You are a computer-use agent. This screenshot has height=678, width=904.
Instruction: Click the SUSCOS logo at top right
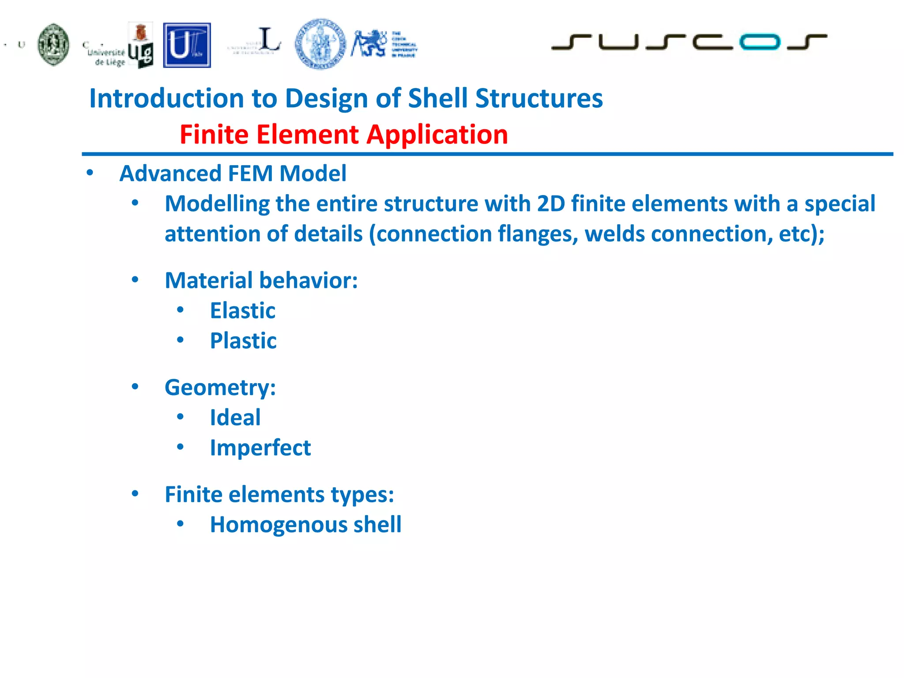click(x=689, y=42)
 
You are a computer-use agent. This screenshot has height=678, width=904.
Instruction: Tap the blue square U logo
click(x=187, y=45)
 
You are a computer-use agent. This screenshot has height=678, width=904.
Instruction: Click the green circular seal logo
click(x=53, y=45)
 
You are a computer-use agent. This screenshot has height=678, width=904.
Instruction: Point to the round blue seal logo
click(x=320, y=44)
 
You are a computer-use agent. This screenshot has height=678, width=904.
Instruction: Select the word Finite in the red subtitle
click(x=214, y=134)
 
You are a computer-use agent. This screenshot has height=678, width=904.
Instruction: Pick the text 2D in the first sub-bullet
click(x=551, y=203)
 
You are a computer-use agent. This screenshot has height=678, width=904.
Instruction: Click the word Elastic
click(x=242, y=310)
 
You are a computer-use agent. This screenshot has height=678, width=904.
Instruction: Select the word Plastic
click(x=243, y=341)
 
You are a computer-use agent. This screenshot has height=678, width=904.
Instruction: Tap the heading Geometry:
click(x=220, y=388)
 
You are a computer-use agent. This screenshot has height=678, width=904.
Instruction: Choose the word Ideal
click(x=235, y=418)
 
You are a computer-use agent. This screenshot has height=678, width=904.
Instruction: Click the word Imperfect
click(x=260, y=448)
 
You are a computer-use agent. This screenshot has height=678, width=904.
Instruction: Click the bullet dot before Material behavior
click(x=135, y=280)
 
